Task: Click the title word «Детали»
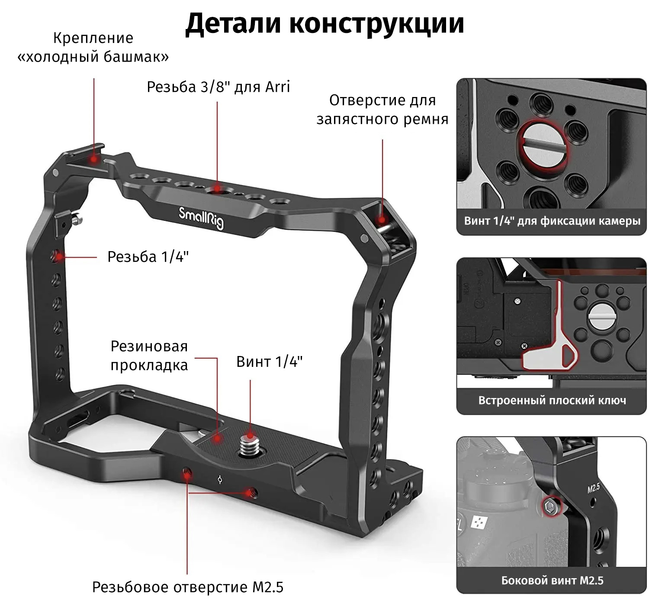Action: (x=233, y=23)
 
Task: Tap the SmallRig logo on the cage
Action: (x=201, y=217)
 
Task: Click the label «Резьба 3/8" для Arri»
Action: (x=218, y=87)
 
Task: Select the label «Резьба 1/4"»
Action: (x=148, y=257)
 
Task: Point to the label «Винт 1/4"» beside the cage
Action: (x=269, y=362)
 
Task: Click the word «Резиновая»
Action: (x=149, y=346)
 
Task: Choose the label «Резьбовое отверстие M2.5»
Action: (x=188, y=587)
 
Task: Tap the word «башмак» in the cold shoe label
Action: (x=136, y=57)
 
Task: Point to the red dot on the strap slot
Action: (x=381, y=219)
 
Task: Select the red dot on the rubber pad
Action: (x=217, y=439)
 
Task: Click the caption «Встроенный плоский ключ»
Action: (x=552, y=401)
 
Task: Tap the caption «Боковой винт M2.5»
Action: (x=552, y=580)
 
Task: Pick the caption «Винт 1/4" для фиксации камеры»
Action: (x=552, y=221)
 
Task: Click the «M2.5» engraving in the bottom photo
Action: (x=594, y=488)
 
